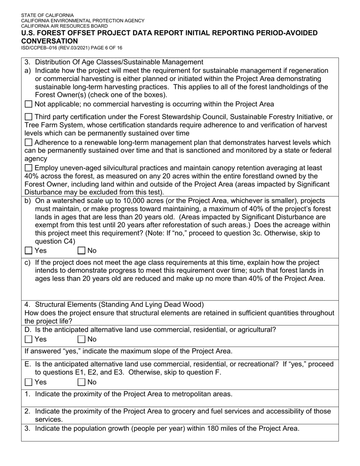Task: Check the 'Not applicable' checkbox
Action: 28,104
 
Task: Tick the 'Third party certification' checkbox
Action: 28,117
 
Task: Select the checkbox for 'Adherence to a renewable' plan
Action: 28,142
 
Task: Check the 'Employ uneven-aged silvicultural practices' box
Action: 28,168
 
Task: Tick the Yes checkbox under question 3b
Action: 28,250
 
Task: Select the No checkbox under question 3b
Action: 81,250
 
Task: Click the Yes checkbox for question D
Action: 28,339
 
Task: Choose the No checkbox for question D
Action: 81,339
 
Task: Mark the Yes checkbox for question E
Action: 28,382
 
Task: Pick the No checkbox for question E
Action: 81,382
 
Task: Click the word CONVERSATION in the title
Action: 49,41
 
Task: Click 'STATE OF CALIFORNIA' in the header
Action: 47,16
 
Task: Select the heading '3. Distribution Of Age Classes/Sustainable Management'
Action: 114,62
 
